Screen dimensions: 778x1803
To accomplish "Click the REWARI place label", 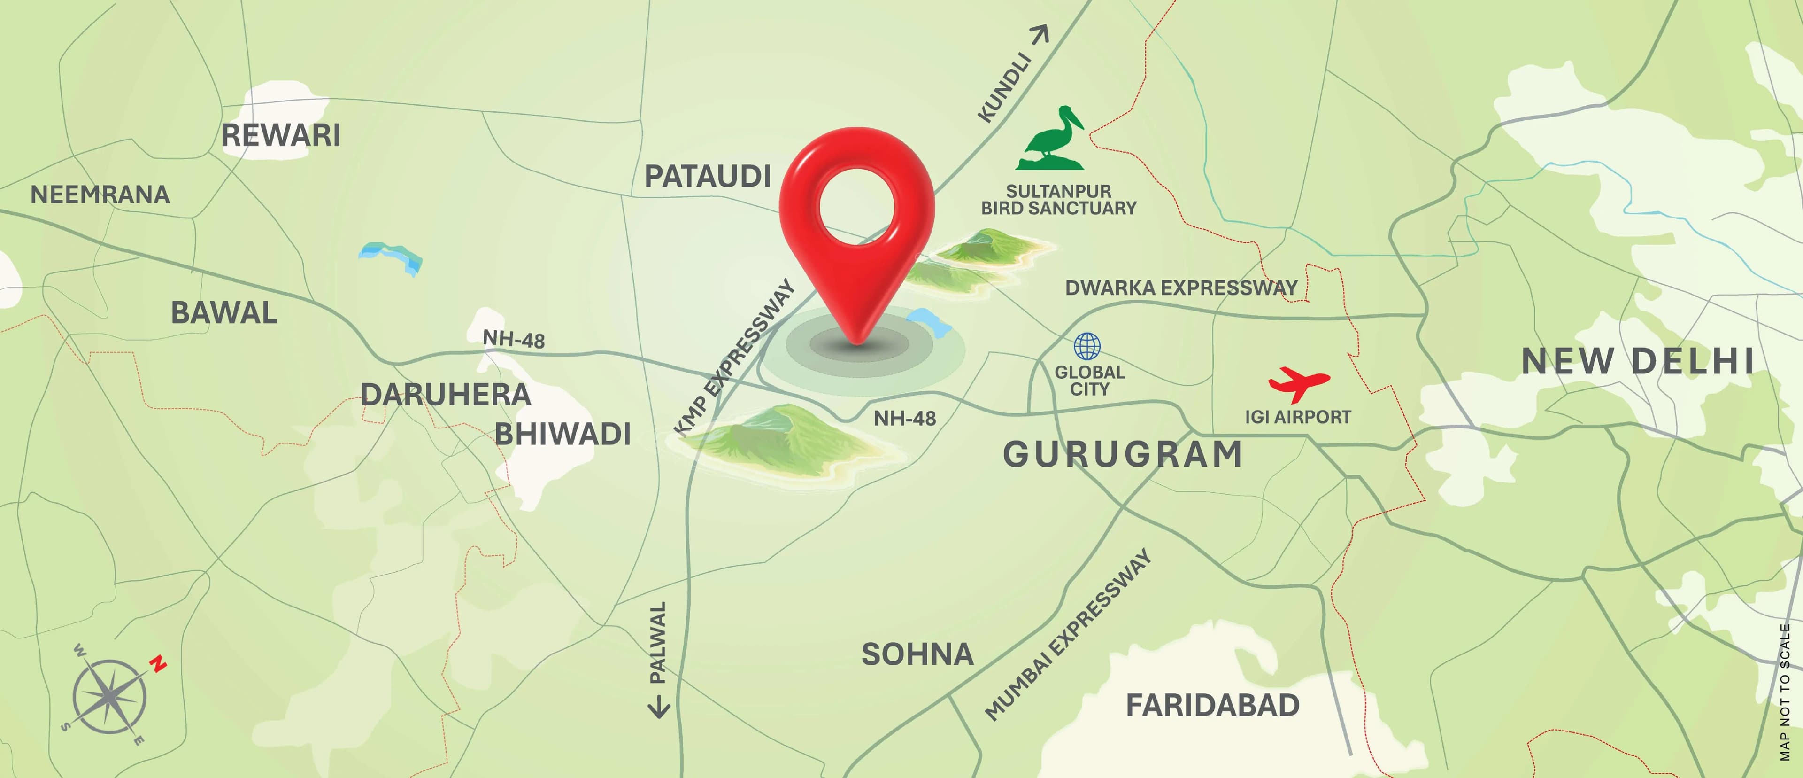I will coord(281,135).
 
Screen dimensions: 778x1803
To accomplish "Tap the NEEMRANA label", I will coord(100,194).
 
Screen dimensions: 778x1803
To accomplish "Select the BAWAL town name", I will coord(224,313).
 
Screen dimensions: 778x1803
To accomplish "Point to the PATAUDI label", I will coord(708,177).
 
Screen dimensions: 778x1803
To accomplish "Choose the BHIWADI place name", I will coord(563,434).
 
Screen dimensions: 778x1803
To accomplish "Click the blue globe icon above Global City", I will coord(1087,346).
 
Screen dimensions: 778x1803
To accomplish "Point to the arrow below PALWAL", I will coord(658,707).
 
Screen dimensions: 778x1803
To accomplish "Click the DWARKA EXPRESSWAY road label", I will coord(1181,288).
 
